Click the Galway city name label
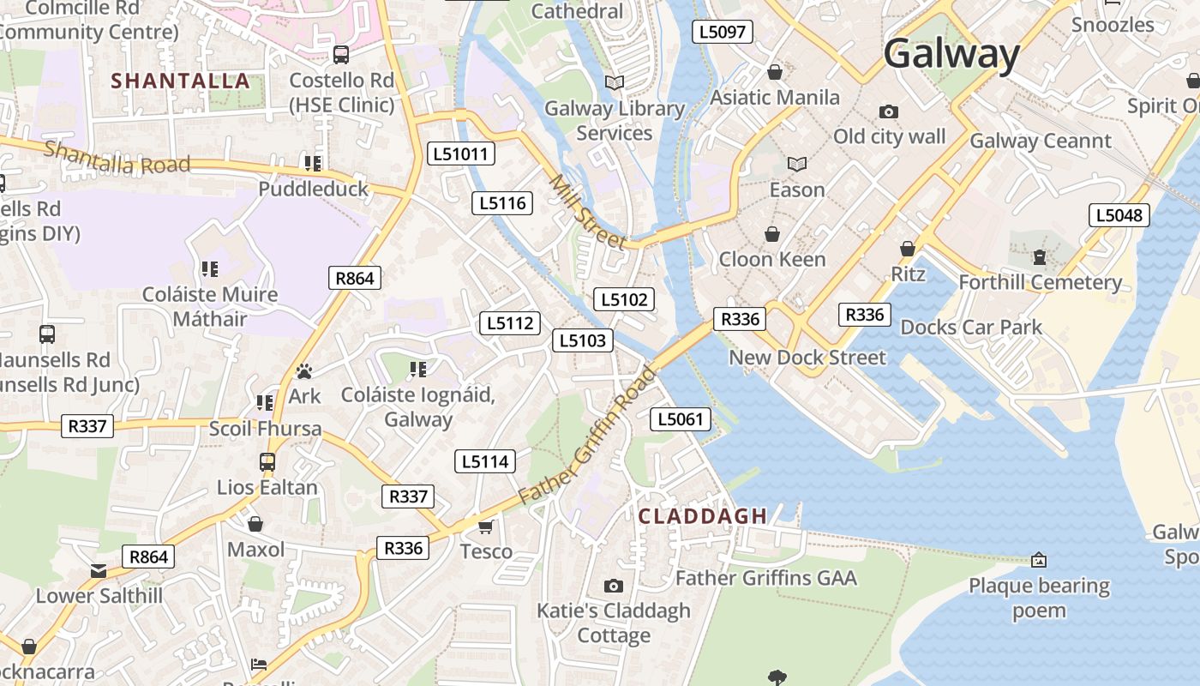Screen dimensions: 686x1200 coord(951,53)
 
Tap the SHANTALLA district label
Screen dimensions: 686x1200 coord(181,81)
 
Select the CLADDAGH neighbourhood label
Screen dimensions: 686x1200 coord(703,516)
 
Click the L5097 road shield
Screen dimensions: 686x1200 coord(722,33)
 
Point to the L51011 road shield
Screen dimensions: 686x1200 coord(460,154)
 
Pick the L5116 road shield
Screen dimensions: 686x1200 coord(502,203)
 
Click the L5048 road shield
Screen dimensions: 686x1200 coord(1119,215)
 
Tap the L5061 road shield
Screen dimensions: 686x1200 coord(681,419)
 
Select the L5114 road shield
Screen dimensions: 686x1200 coord(485,461)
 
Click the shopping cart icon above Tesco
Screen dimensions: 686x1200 coord(485,527)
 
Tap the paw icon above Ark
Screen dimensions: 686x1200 coord(304,371)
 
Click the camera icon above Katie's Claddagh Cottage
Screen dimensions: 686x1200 coord(613,586)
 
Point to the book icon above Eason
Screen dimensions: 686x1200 coord(797,164)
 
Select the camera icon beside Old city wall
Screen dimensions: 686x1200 coord(889,112)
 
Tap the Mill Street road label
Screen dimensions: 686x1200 coord(588,211)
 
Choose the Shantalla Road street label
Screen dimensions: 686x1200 coord(117,157)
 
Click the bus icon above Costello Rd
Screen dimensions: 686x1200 coord(341,55)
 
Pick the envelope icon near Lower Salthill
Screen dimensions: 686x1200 coord(99,571)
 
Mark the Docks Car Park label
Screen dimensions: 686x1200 coord(970,327)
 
